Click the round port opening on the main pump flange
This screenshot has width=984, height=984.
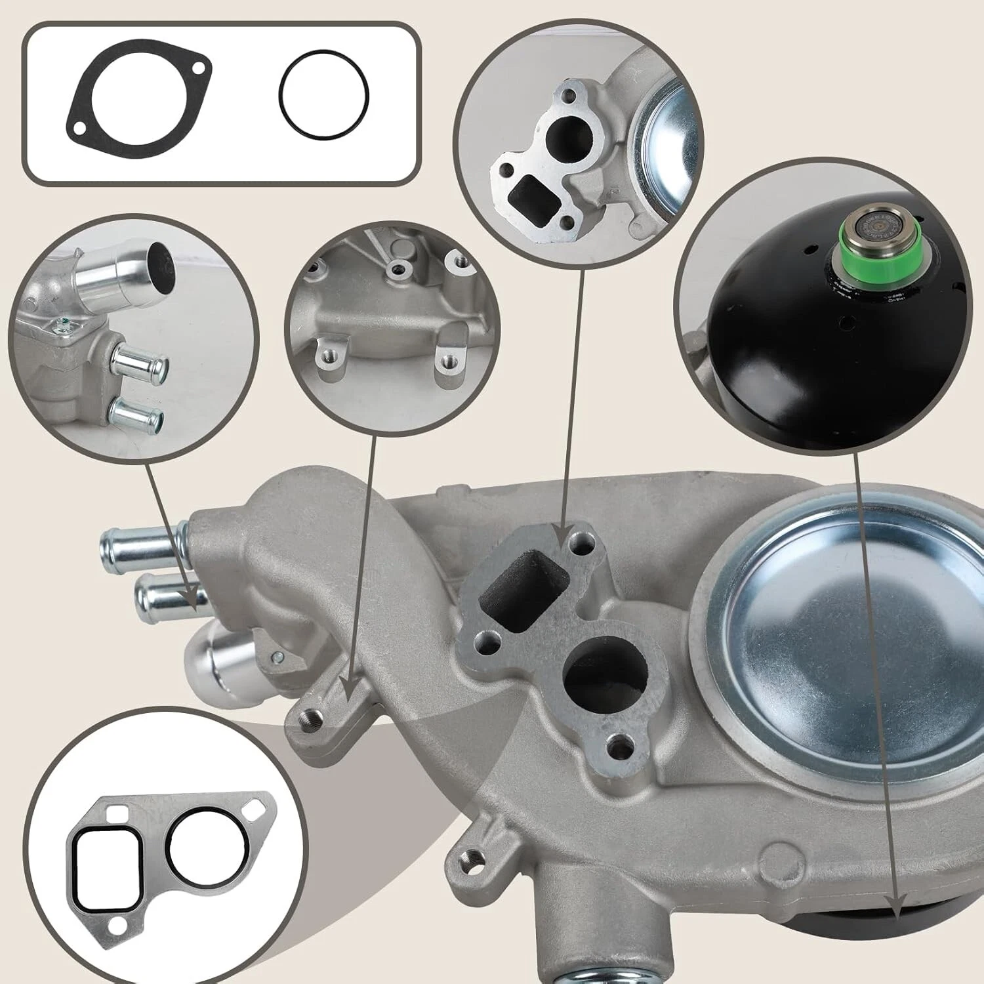[605, 675]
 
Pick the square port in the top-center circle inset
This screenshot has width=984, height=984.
[534, 198]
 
